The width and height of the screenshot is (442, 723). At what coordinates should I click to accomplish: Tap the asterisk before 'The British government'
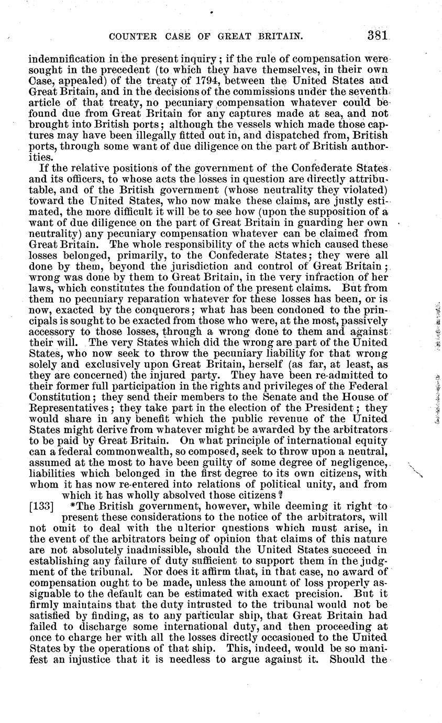coord(79,506)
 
